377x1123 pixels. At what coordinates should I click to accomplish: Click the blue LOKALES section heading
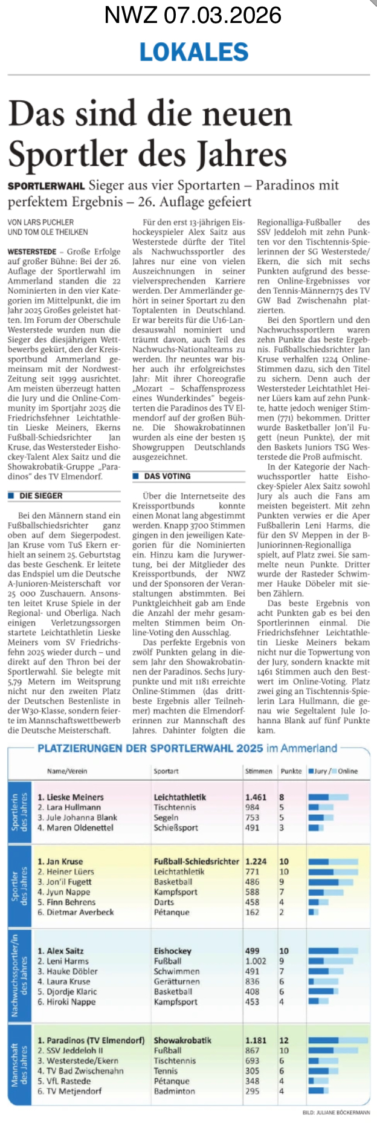194,52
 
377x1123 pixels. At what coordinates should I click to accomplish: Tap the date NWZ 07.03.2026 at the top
193,15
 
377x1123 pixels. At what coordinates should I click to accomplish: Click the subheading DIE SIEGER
41,496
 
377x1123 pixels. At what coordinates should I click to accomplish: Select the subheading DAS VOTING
167,476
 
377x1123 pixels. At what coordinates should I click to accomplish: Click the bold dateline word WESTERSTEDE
32,251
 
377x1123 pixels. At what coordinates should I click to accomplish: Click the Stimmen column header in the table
258,771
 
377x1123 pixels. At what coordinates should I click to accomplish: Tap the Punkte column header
291,771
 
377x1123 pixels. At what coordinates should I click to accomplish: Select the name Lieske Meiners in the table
70,797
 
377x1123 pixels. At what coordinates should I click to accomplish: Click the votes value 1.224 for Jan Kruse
256,861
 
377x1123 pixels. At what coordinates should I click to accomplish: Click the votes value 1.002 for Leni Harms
256,961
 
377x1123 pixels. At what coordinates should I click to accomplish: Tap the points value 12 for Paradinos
284,1040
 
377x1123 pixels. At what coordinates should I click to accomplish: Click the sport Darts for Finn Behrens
164,902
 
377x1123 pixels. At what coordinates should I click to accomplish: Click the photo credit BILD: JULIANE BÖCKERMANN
336,1112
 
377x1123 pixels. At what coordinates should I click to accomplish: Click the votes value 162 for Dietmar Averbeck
252,912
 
